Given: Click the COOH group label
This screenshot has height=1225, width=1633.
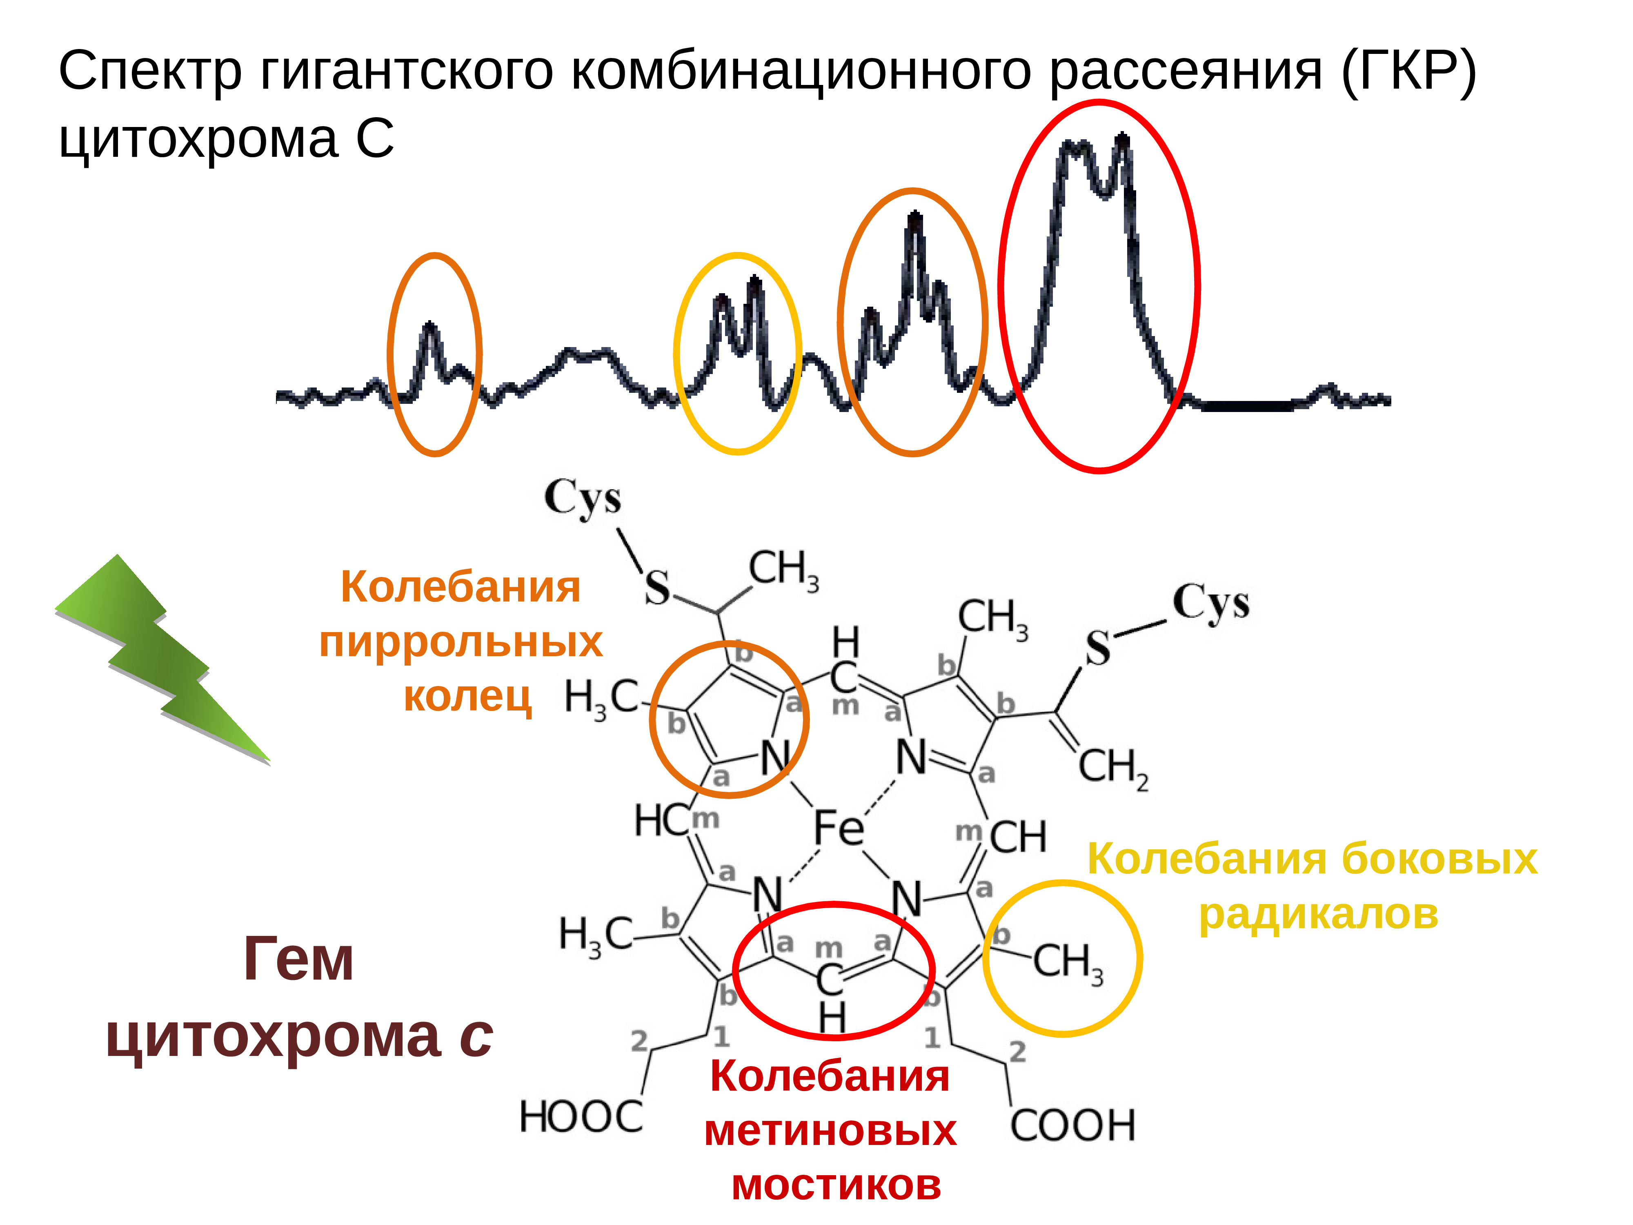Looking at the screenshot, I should (x=1072, y=1125).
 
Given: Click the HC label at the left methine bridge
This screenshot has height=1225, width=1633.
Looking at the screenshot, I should (x=660, y=820).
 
